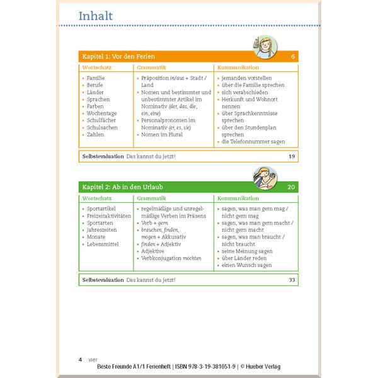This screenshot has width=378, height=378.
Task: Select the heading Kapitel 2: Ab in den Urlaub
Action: [123, 187]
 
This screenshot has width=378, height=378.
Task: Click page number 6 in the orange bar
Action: [293, 57]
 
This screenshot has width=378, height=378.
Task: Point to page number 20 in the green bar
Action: [291, 187]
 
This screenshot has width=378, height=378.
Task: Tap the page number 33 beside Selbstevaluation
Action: [291, 279]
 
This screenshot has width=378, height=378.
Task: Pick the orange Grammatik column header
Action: [151, 67]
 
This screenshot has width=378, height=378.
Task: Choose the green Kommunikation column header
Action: [238, 197]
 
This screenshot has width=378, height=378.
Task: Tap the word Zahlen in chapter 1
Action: [96, 134]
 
